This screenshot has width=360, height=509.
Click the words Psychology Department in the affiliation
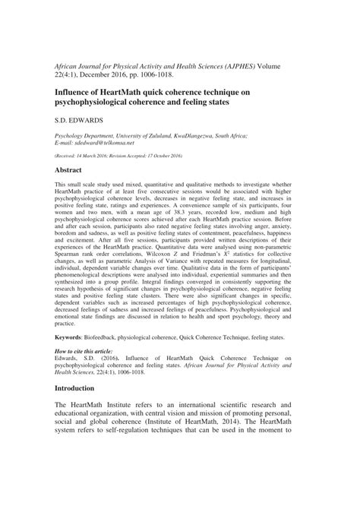pos(84,132)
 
